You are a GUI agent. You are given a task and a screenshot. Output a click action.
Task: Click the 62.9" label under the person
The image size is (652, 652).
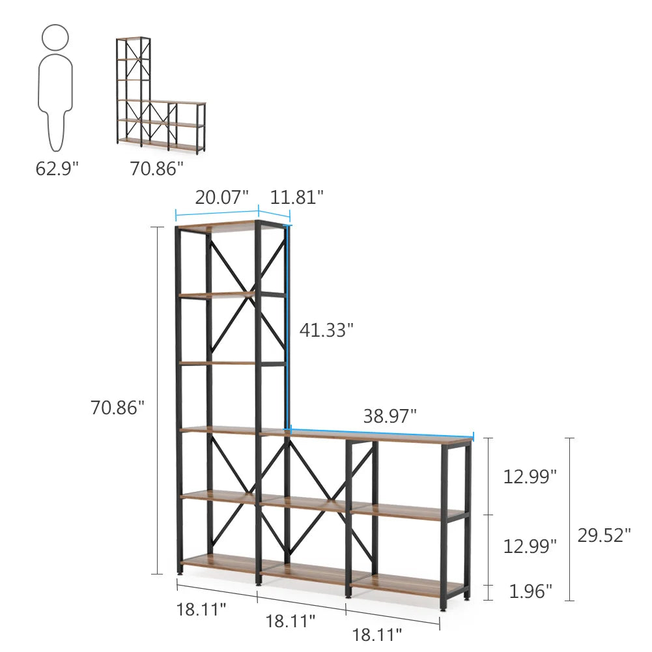pos(57,169)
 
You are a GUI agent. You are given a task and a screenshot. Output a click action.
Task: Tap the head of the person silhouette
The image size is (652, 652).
pos(55,37)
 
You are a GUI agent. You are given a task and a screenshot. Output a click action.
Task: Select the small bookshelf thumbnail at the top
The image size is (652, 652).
pos(161,96)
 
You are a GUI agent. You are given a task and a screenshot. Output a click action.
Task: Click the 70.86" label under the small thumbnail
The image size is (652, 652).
pos(156,169)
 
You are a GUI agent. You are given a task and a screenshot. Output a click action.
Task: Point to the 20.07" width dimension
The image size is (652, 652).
pos(221,197)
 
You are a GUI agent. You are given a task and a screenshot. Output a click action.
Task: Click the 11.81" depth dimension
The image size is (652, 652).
pos(296,197)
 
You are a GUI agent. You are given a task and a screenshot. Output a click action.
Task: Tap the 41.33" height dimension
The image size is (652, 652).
pos(326,330)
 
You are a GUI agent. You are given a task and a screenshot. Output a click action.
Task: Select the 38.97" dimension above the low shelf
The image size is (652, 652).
pos(390,416)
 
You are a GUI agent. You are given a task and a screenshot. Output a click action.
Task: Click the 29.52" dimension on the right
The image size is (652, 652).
pos(604,535)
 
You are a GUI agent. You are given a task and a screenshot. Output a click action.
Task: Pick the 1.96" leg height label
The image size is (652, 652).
pos(531,591)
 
